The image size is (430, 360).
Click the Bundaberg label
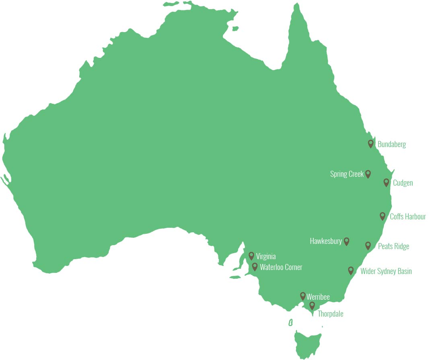tap(391, 144)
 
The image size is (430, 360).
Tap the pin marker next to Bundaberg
tap(371, 143)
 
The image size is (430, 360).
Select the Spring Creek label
tap(347, 174)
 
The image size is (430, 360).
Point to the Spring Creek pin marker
tap(368, 174)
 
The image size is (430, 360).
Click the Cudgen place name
tap(403, 183)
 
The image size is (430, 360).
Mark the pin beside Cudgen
tap(386, 182)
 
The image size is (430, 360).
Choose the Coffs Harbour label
tap(408, 217)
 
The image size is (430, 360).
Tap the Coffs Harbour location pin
tap(383, 216)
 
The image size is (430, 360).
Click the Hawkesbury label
tap(326, 241)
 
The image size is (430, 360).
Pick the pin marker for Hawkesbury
tap(346, 241)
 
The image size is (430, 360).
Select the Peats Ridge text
tap(393, 246)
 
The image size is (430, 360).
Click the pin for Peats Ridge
tap(368, 245)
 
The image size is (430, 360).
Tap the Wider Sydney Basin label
tap(386, 271)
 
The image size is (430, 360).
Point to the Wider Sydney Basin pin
tap(351, 270)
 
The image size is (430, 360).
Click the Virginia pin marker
tap(251, 256)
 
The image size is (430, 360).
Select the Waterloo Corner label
tap(281, 267)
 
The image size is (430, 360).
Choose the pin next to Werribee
tap(303, 296)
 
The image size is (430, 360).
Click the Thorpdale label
tap(330, 314)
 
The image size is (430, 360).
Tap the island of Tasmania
tap(308, 344)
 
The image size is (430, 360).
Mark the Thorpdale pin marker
tap(312, 306)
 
